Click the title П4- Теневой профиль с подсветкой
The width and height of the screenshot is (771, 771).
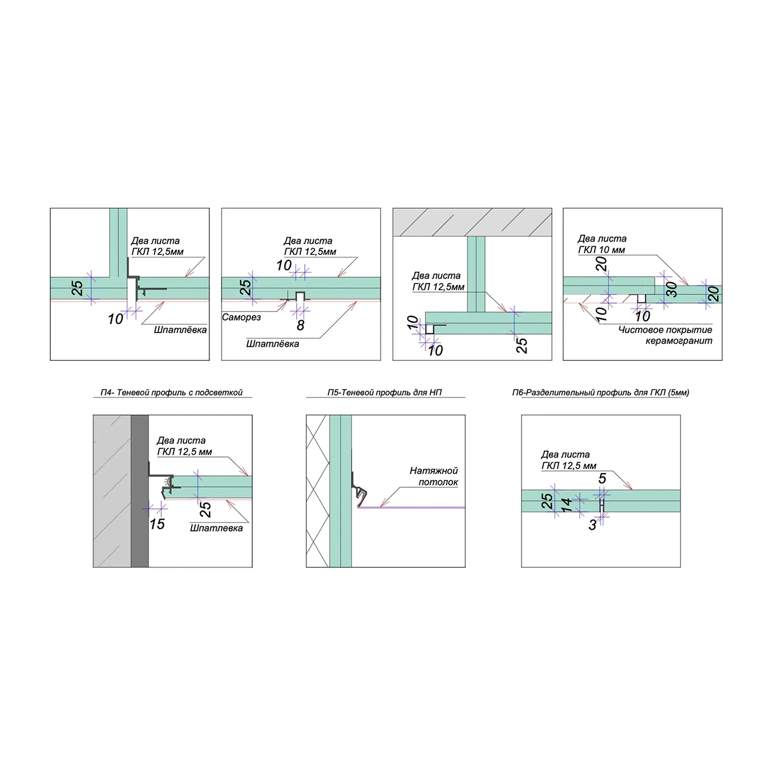point(172,393)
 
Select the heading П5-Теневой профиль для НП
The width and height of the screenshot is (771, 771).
point(384,393)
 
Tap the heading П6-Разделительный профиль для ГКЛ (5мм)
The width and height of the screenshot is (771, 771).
point(600,393)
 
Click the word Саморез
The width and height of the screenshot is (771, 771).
point(242,318)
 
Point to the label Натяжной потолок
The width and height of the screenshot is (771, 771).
point(434,476)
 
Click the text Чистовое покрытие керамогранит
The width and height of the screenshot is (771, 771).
point(666,335)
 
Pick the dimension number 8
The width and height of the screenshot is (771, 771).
point(301,325)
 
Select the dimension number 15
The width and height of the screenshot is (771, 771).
point(157,524)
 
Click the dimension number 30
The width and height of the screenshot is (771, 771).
point(671,289)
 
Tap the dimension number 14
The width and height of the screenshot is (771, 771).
point(566,505)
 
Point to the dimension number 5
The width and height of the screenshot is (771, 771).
point(602,479)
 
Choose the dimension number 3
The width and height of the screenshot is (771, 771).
point(593,525)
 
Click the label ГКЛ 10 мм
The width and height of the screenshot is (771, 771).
point(601,250)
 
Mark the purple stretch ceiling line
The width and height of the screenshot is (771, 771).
point(411,508)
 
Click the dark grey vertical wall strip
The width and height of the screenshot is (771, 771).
point(140,491)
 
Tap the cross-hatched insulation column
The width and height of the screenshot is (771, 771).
point(318,491)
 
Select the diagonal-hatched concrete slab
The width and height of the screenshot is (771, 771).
point(472,222)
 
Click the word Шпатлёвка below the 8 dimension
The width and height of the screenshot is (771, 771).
point(272,344)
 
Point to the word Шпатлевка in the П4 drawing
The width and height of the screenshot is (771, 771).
point(216,528)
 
